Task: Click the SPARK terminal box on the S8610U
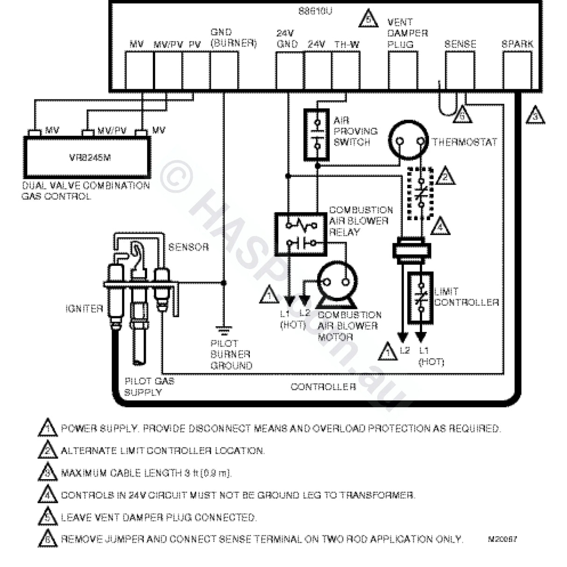517,71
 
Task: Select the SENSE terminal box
460,71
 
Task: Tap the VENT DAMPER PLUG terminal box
403,71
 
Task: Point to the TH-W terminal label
347,45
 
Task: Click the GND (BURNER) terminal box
224,71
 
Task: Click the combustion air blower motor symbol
337,282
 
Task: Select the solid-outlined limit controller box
421,298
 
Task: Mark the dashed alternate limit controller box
420,192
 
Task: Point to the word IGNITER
84,309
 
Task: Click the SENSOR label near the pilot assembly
188,247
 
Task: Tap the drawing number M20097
502,539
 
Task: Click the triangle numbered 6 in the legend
48,539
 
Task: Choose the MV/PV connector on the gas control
87,133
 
